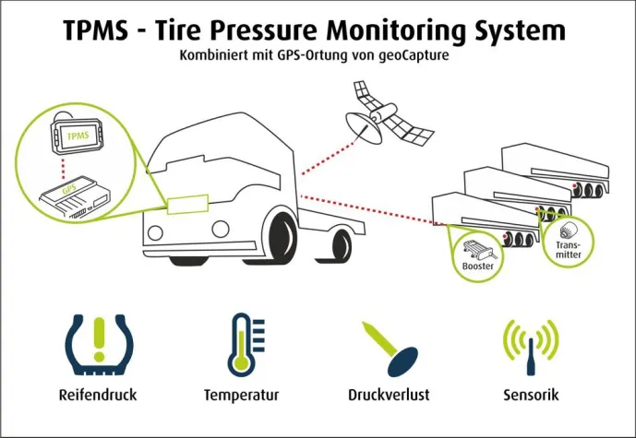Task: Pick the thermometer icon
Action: [x=242, y=345]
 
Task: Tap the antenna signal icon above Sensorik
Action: [x=532, y=345]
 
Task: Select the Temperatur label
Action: [x=242, y=395]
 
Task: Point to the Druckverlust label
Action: [x=389, y=395]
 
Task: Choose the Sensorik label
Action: [x=533, y=395]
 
